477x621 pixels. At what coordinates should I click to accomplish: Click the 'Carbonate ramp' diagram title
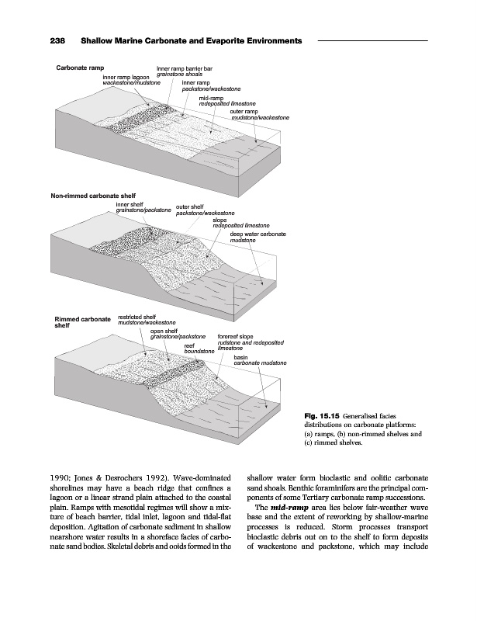[x=81, y=68]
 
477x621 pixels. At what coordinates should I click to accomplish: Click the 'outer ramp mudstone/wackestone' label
[x=260, y=114]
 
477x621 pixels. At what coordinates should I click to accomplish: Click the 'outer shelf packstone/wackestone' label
[x=205, y=210]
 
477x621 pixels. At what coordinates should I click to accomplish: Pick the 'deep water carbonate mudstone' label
[x=258, y=237]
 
